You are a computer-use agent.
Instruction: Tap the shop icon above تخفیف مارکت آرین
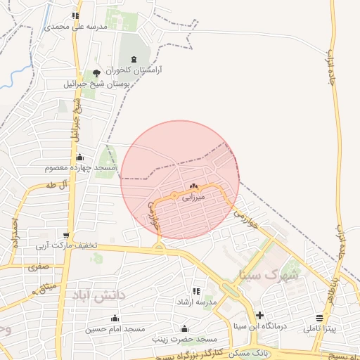click(x=66, y=236)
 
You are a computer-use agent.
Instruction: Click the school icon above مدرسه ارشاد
click(x=196, y=291)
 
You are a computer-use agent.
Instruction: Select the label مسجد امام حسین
click(x=115, y=329)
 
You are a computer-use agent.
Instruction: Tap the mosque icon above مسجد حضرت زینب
click(x=184, y=328)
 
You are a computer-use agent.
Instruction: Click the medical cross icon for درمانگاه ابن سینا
click(x=260, y=314)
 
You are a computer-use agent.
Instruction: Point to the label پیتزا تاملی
click(x=321, y=328)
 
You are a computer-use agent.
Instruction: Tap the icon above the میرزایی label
click(x=194, y=186)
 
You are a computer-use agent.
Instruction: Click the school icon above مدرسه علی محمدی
click(x=75, y=15)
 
